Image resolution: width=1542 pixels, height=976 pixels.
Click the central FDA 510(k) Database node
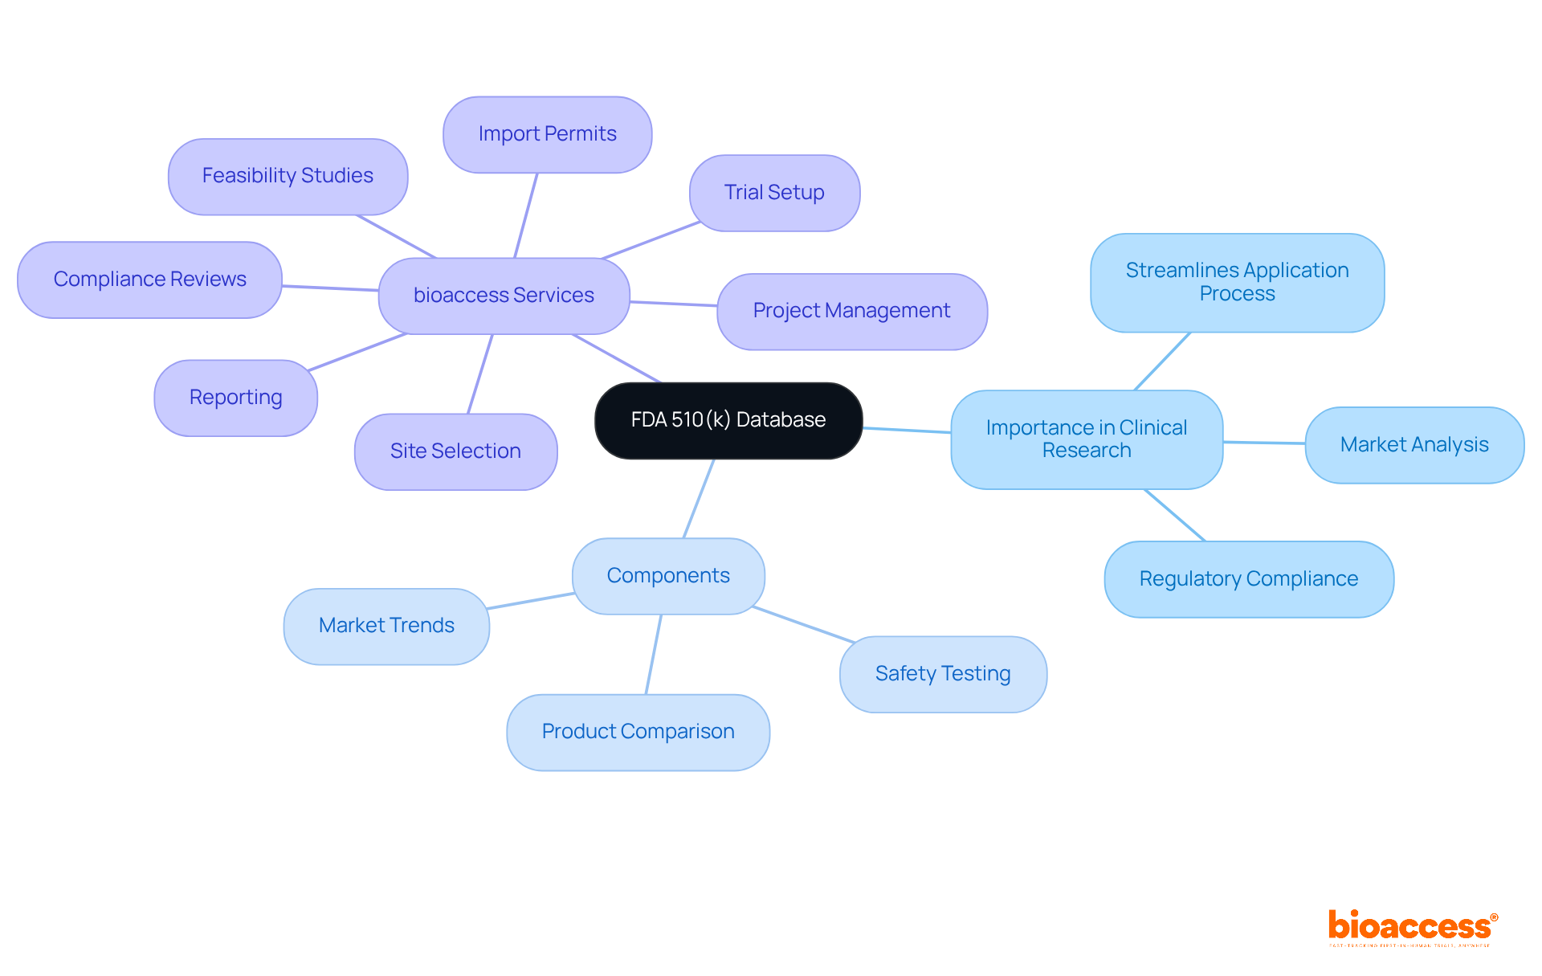728,420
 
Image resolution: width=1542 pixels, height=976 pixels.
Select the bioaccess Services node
504,296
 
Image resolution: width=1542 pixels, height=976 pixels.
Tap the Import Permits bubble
547,134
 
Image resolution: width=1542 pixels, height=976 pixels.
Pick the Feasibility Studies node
288,176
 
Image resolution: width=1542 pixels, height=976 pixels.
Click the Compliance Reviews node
149,280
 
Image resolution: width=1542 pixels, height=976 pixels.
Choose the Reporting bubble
235,398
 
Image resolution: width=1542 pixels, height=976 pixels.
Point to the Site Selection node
455,451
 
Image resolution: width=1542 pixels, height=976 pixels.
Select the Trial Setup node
774,193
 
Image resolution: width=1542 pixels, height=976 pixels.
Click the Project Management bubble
851,311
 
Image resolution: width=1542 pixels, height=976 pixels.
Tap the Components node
668,576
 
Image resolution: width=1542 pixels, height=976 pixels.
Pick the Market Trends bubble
386,626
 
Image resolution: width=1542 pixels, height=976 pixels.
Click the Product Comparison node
638,732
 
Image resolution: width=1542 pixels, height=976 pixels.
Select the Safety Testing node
943,674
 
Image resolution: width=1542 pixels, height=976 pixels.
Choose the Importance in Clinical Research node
1086,439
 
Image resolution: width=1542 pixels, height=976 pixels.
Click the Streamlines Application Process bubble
1237,282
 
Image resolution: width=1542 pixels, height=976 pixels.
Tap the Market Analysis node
1414,445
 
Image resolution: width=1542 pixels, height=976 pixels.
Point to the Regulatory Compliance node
1248,579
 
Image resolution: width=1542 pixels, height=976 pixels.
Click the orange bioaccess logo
1412,926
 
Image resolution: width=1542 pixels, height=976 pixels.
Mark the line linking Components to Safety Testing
803,624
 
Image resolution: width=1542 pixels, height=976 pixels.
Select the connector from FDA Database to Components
699,498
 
